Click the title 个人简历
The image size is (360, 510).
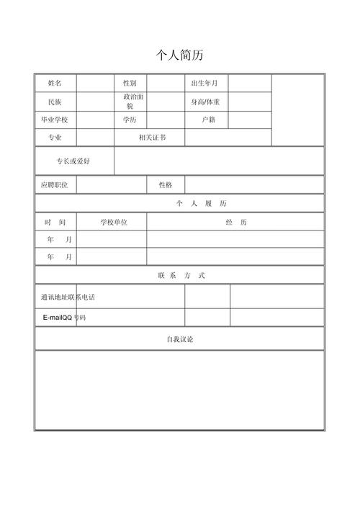click(180, 55)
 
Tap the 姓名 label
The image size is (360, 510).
click(55, 84)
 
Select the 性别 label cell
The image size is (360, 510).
click(130, 84)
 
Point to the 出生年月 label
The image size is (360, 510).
click(204, 84)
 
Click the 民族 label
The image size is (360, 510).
click(55, 102)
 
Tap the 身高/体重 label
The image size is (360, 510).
click(205, 102)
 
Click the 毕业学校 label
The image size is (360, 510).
click(55, 120)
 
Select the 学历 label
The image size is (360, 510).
click(130, 120)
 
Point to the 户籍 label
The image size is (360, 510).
click(208, 120)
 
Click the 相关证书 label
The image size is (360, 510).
click(152, 138)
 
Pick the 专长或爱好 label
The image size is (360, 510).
click(73, 161)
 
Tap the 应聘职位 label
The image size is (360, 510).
click(55, 185)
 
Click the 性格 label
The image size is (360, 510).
click(166, 185)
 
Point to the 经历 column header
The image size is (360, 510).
click(236, 223)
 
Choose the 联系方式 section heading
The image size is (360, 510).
click(181, 275)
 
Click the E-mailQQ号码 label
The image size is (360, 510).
click(64, 317)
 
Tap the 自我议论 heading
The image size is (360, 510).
click(180, 339)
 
